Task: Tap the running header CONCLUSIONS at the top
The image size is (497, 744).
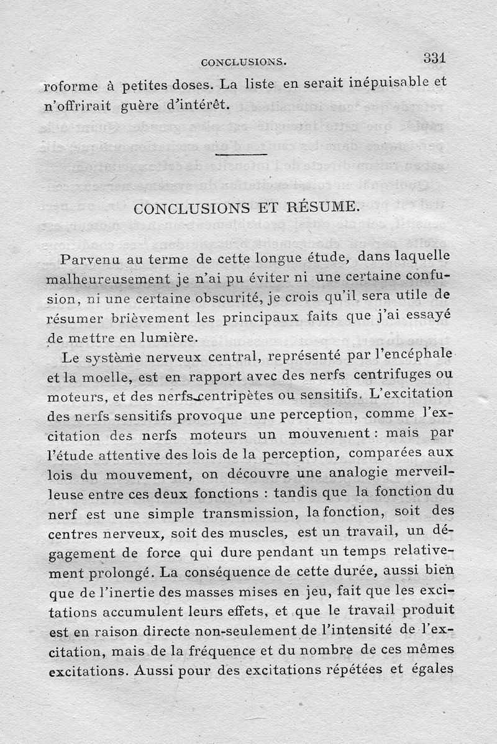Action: click(x=243, y=62)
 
